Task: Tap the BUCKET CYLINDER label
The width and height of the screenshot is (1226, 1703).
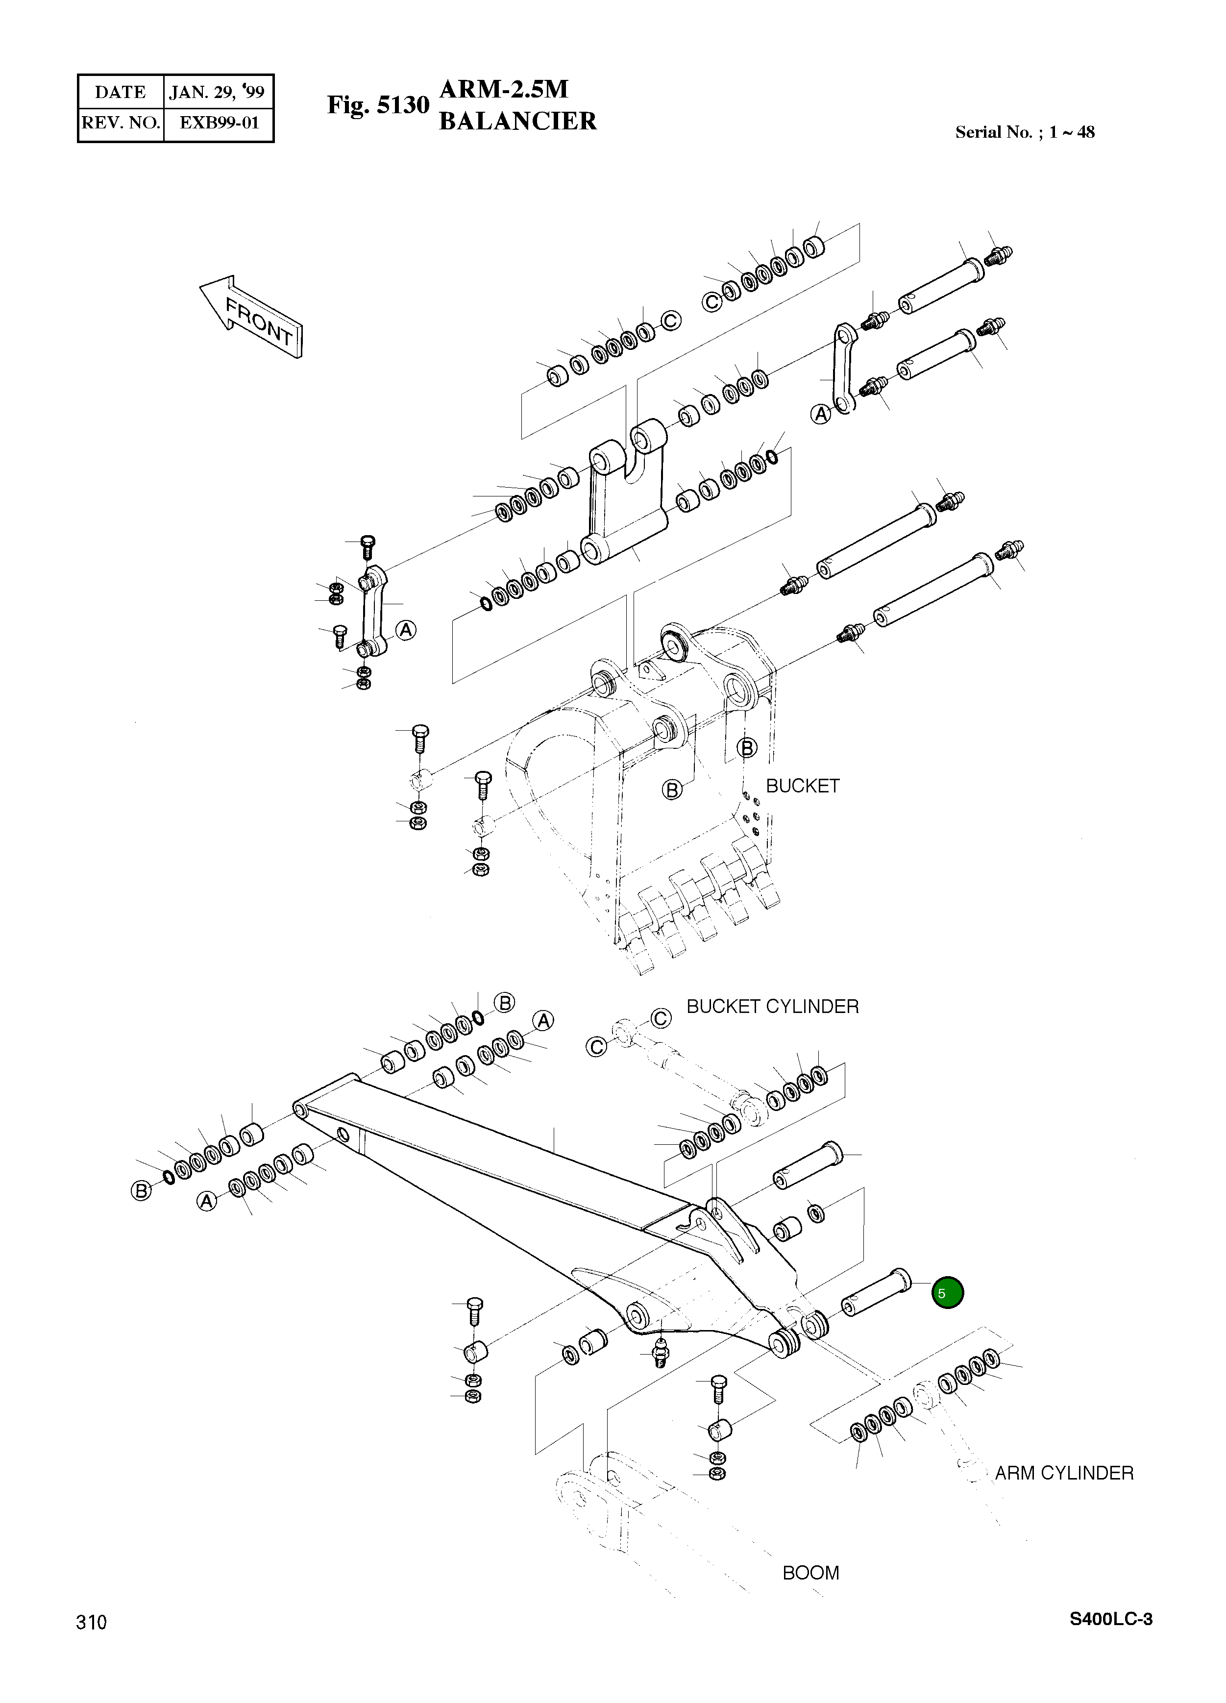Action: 773,1007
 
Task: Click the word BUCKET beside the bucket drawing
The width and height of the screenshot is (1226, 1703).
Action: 803,786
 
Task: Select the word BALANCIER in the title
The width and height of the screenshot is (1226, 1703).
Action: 517,121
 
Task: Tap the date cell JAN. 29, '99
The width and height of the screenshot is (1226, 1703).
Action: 217,92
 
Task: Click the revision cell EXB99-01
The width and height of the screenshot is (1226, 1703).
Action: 219,123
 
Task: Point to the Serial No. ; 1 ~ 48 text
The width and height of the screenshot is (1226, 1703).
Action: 1025,132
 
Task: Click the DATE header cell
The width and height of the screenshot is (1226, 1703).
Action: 120,92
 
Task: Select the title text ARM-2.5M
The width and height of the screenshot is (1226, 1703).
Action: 503,89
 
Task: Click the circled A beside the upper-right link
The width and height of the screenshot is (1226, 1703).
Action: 821,414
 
